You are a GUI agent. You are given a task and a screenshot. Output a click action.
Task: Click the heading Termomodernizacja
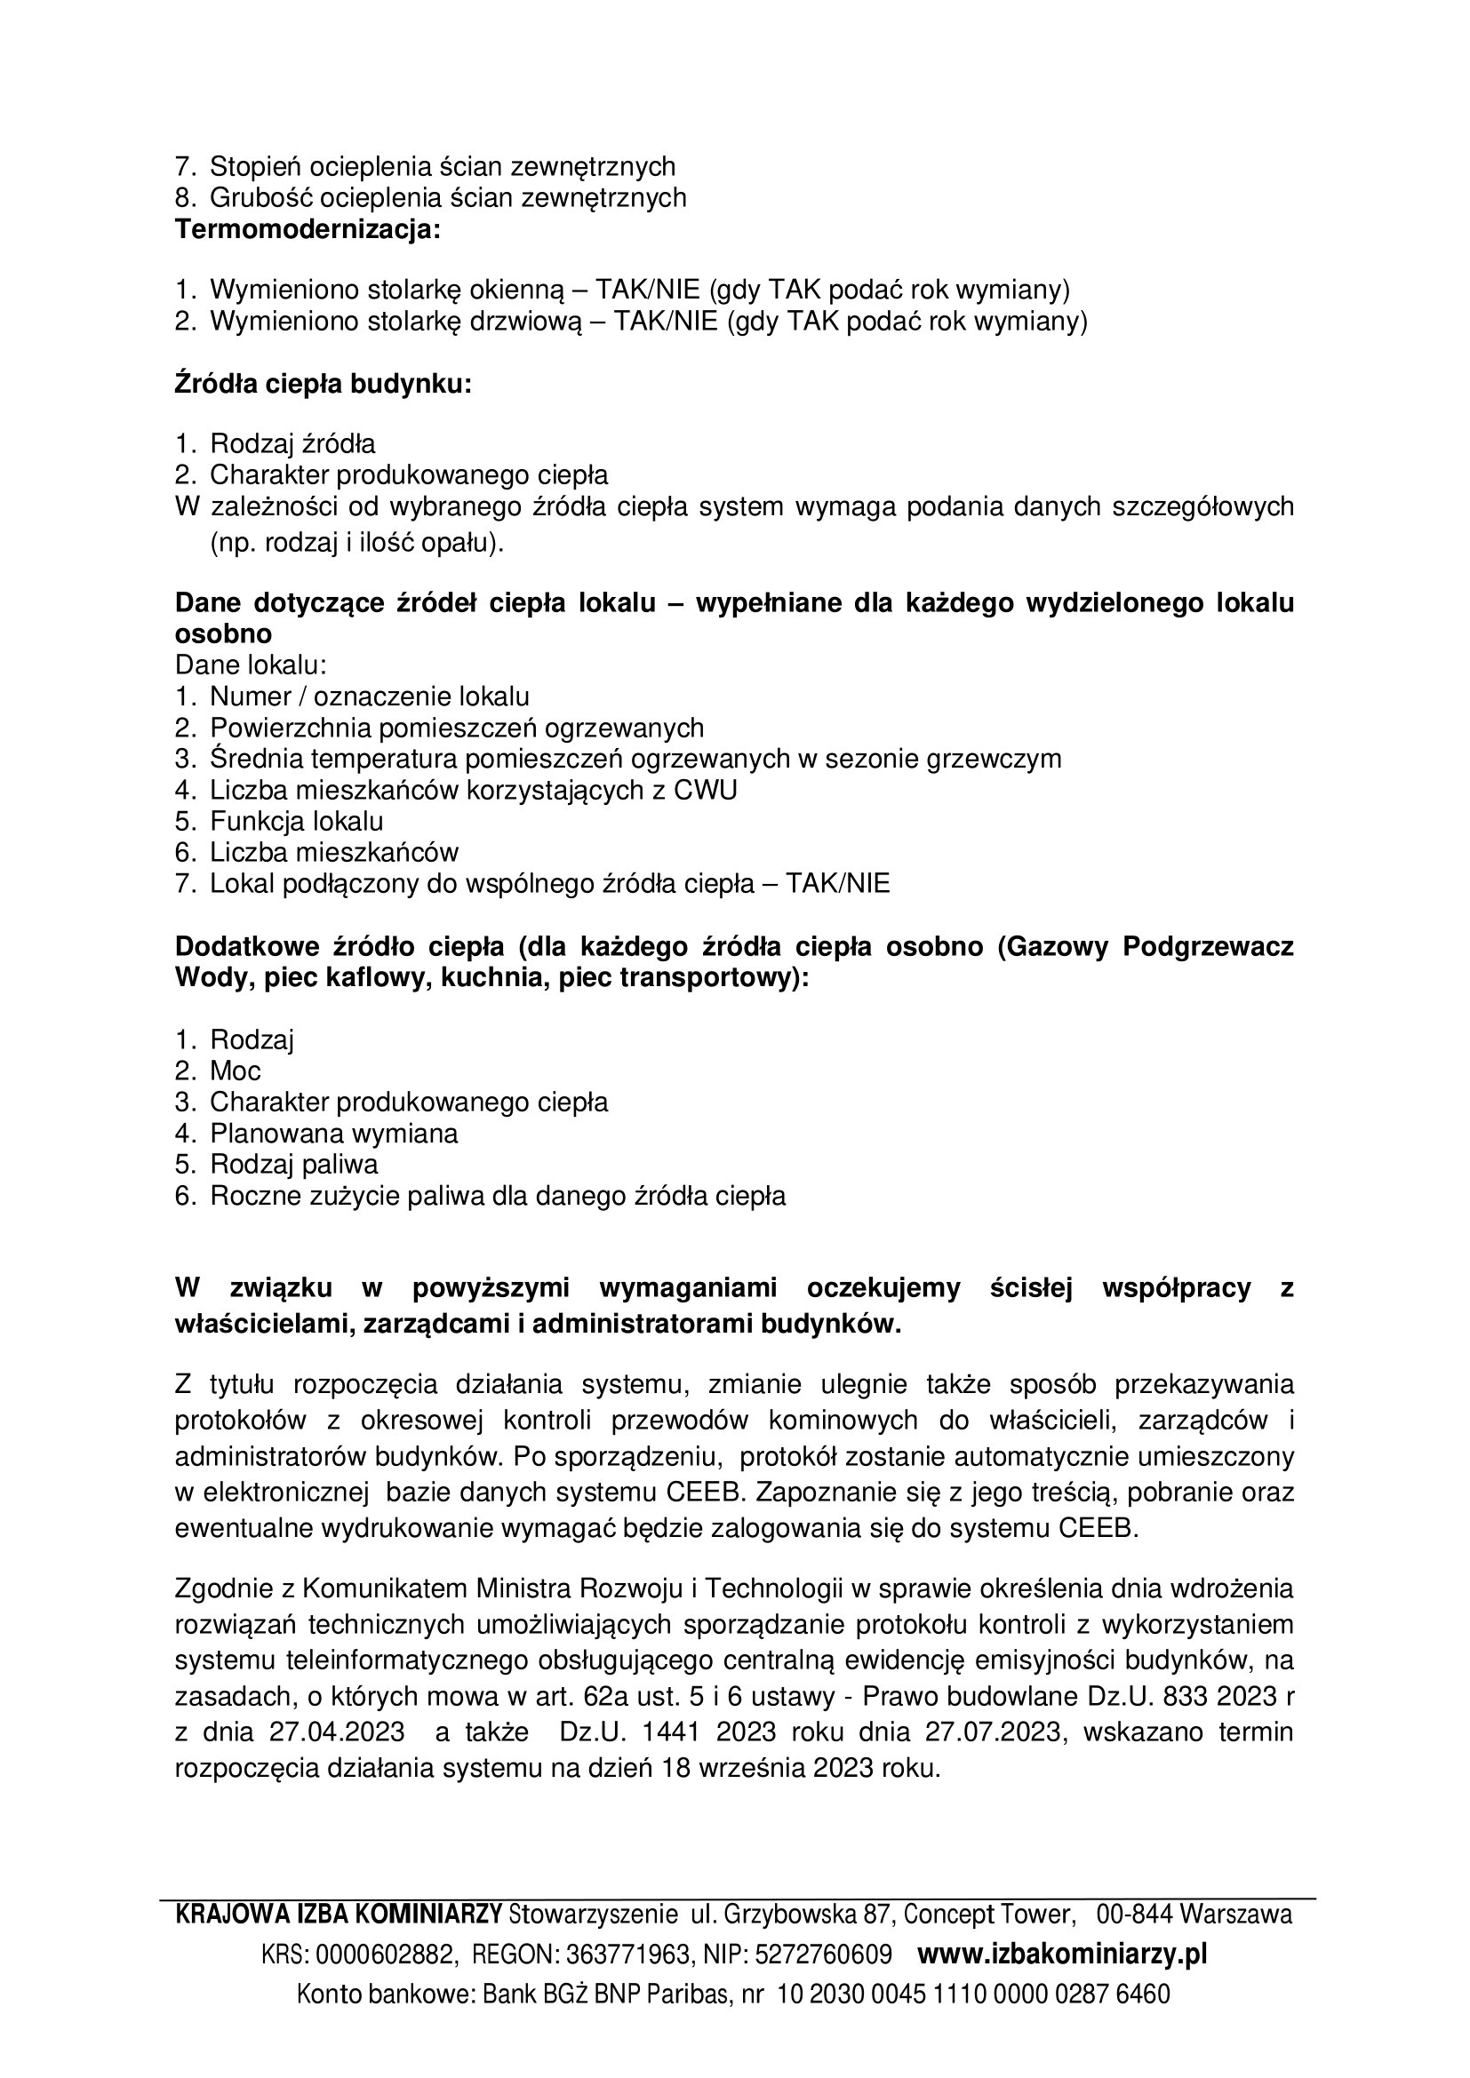(307, 229)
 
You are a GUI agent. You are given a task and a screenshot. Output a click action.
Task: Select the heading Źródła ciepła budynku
(324, 385)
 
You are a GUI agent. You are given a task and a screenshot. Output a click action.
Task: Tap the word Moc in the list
(236, 1071)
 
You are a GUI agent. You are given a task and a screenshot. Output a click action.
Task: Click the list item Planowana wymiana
(333, 1133)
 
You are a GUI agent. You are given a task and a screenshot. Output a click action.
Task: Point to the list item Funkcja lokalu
(296, 821)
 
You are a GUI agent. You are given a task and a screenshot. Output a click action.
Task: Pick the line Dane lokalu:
(250, 665)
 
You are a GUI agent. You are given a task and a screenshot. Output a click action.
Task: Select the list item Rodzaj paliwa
(293, 1164)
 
